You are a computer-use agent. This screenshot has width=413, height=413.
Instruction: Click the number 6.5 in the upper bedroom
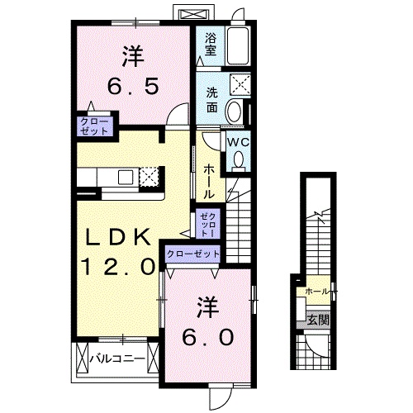click(x=132, y=84)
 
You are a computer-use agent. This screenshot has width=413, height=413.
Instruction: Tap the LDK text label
click(x=119, y=237)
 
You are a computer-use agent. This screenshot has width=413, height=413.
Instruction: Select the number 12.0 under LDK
click(x=119, y=266)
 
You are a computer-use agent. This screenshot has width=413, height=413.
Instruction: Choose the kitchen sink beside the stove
click(x=126, y=176)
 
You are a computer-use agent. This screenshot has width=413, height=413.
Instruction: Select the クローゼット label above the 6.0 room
click(x=193, y=254)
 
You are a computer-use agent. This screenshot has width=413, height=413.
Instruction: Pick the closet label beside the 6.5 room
click(x=93, y=126)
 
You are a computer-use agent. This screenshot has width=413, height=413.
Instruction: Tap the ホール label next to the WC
click(x=208, y=180)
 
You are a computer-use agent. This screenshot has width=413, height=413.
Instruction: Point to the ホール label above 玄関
click(x=318, y=292)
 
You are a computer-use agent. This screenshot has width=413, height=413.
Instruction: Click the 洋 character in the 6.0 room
click(x=207, y=306)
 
